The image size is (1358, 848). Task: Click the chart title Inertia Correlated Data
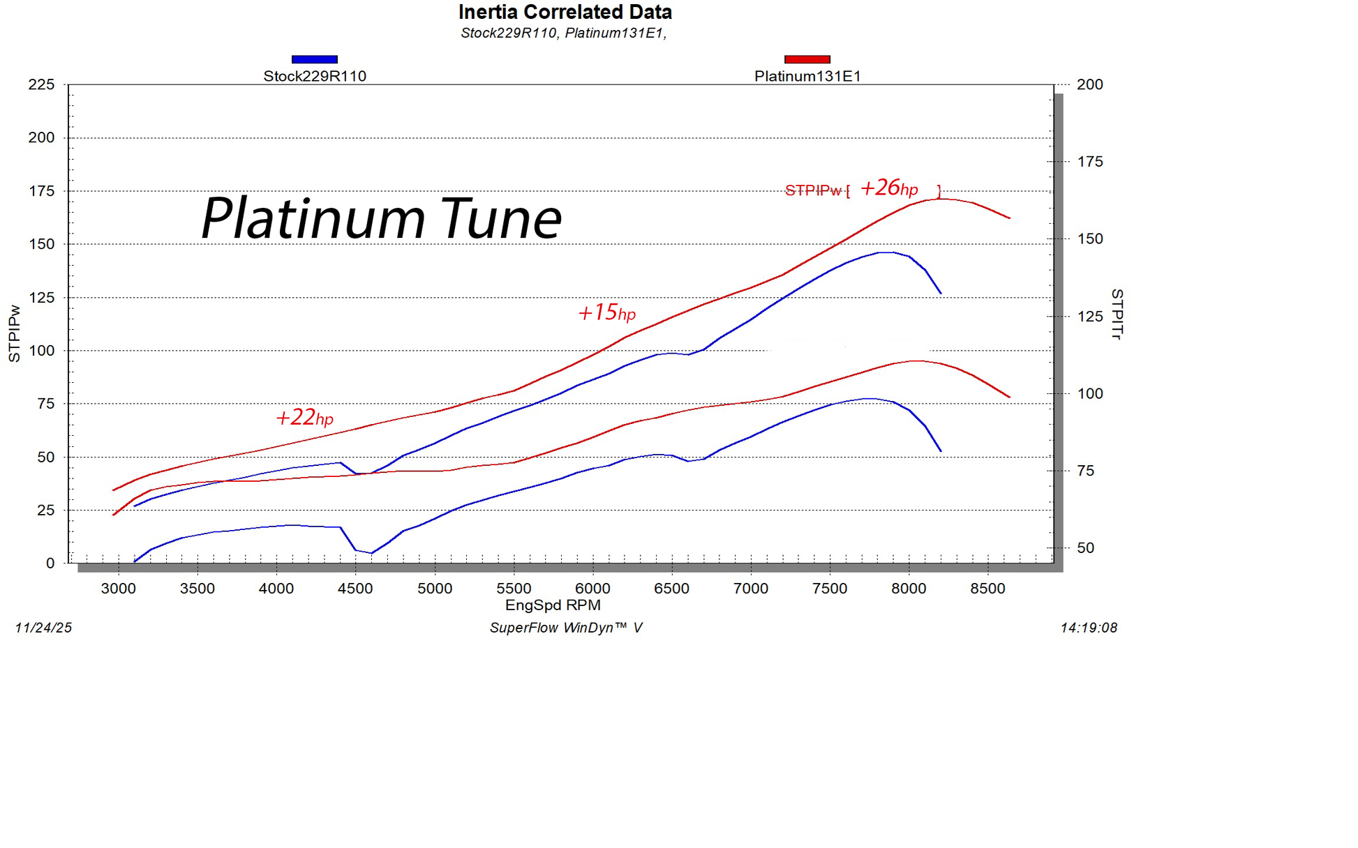[565, 12]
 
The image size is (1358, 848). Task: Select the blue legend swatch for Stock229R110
[314, 59]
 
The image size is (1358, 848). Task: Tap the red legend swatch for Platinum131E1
[807, 59]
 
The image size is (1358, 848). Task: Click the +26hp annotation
[888, 188]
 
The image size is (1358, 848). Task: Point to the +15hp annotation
[606, 312]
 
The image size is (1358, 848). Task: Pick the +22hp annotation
[304, 417]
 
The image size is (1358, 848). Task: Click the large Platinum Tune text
[381, 218]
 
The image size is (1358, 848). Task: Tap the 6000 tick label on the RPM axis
[592, 589]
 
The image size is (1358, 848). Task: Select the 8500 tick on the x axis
[987, 589]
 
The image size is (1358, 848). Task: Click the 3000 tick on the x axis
[118, 589]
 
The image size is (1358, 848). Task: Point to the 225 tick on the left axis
[41, 84]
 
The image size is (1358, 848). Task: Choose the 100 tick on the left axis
[41, 351]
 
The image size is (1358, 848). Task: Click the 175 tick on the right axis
[1089, 162]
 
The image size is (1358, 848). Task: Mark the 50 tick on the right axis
[1085, 548]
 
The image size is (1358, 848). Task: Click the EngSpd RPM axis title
[553, 605]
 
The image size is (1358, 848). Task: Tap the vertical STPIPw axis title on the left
[14, 333]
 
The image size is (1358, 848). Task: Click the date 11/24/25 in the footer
[43, 628]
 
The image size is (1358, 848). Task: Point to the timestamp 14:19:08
[1089, 628]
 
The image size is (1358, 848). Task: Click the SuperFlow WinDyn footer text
[565, 628]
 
